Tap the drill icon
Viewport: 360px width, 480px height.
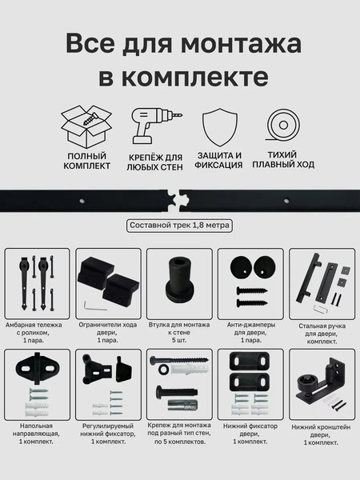[154, 126]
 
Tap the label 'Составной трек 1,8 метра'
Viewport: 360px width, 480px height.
[179, 226]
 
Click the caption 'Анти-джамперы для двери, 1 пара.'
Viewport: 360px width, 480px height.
[250, 331]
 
